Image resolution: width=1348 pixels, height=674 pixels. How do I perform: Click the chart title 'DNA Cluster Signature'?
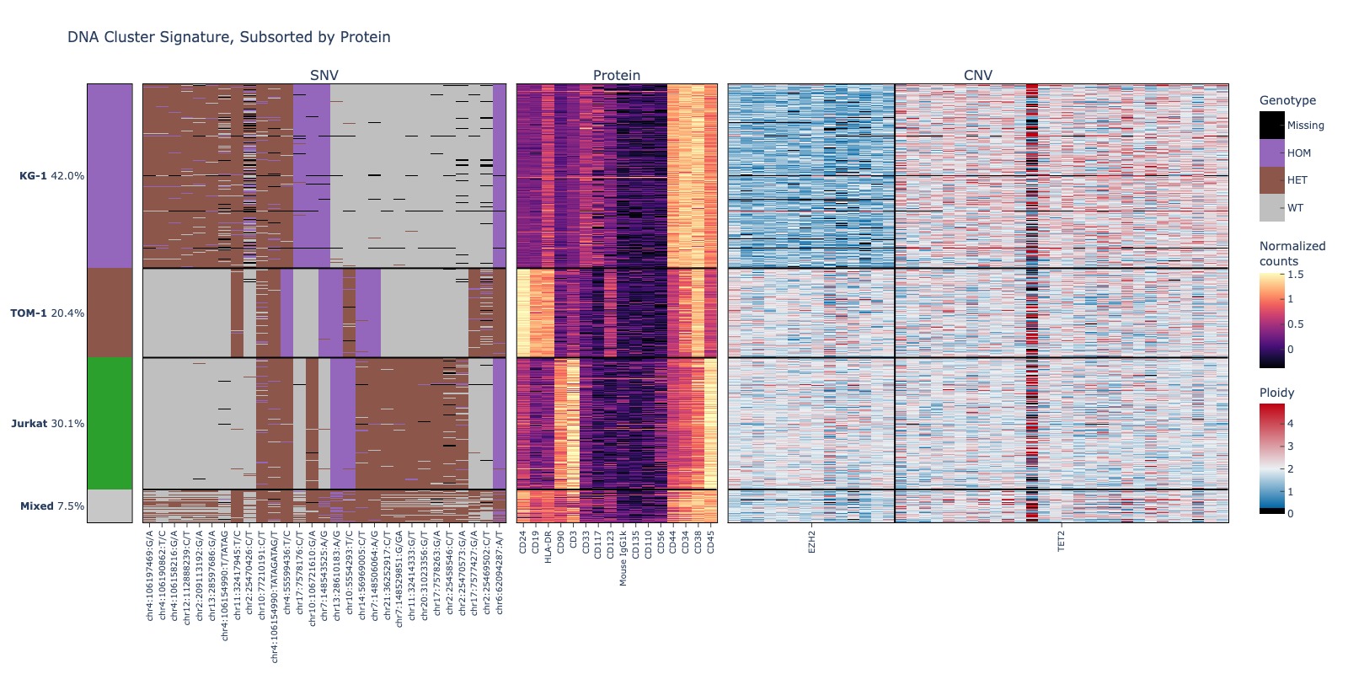coord(228,37)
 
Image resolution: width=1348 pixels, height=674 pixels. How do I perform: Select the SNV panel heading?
coord(324,75)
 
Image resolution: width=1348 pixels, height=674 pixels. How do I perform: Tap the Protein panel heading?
coord(617,75)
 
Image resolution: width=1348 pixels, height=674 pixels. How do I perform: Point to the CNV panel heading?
coord(978,75)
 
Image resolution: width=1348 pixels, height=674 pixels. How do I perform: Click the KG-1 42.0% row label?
coord(51,176)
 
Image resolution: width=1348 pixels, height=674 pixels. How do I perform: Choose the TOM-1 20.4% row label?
coord(47,313)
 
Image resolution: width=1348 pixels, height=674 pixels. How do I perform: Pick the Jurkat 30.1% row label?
coord(47,424)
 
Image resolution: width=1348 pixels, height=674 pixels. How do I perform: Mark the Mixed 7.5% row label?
coord(52,506)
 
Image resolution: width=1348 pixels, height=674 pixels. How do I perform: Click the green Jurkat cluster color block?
coord(110,423)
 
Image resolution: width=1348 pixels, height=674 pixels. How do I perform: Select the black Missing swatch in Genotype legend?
coord(1272,126)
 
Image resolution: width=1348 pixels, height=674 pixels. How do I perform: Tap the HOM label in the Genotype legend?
coord(1299,153)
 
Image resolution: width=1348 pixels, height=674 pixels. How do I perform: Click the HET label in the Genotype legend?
coord(1297,180)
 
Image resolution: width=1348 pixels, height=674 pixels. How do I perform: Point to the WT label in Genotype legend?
coord(1295,208)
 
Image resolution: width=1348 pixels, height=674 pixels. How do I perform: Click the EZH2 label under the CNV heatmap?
coord(812,541)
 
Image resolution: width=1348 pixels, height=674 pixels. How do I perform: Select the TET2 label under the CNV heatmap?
coord(1062,541)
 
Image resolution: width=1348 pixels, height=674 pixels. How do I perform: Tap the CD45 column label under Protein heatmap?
coord(711,541)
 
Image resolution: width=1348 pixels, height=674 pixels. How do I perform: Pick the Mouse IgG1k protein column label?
coord(623,558)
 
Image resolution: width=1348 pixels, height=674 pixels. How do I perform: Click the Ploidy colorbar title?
coord(1276,393)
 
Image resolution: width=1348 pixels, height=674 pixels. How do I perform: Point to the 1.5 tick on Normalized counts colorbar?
coord(1295,275)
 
